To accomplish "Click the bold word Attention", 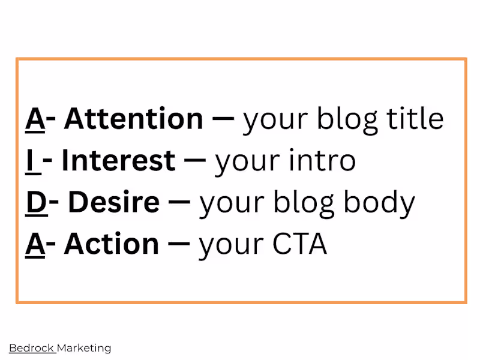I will point(133,119).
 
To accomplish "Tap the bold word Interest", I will point(118,161).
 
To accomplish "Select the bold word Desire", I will point(113,203).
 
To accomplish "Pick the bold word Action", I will point(111,244).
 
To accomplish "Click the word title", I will point(415,119).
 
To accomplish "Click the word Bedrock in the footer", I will point(31,347).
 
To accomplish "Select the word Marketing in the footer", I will point(84,347).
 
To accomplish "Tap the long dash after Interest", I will point(196,161).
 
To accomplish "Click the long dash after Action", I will point(179,244).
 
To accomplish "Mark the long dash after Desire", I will point(179,203).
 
